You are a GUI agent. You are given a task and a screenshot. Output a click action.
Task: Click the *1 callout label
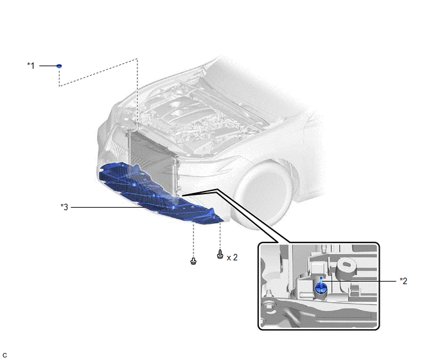[x=31, y=66]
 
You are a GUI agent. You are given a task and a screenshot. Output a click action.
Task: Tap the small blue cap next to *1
[x=59, y=66]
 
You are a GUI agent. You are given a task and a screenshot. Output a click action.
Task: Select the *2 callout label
[x=403, y=281]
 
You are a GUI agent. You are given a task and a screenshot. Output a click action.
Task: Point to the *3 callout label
[x=64, y=207]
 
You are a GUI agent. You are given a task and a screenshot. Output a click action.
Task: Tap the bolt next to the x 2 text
[x=220, y=254]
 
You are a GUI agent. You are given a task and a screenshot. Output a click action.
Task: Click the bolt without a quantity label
[x=193, y=261]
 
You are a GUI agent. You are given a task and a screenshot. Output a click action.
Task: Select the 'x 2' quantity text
[x=232, y=257]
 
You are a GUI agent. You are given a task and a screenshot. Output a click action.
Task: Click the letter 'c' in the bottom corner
[x=4, y=355]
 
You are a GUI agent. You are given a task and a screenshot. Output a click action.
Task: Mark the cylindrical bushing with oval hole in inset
[x=346, y=268]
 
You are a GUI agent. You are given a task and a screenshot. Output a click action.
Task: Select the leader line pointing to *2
[x=359, y=281]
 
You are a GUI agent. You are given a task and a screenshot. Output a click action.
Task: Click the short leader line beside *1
[x=48, y=66]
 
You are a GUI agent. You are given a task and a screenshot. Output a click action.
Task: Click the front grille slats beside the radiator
[x=115, y=148]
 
